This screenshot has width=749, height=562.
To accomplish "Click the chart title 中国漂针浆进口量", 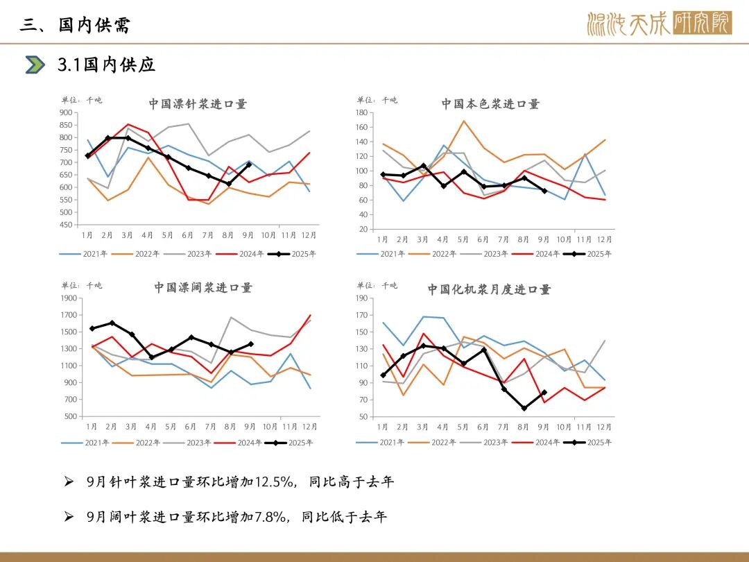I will click(x=198, y=104).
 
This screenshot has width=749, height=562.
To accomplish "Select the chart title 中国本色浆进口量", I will click(x=490, y=104).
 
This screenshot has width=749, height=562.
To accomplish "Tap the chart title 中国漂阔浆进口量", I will click(x=203, y=287).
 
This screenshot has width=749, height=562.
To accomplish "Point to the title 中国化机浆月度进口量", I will click(x=489, y=289).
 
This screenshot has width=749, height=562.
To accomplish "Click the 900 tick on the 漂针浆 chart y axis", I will click(x=66, y=112).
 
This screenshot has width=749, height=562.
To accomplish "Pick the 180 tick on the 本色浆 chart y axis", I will click(x=361, y=112).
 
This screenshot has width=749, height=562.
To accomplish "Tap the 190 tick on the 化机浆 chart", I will click(x=361, y=298).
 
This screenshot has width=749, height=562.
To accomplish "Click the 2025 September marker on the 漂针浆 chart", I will click(x=250, y=164).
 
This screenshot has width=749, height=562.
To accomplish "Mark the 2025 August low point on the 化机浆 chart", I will click(x=524, y=408).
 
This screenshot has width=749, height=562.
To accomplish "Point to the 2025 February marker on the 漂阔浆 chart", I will click(x=112, y=323).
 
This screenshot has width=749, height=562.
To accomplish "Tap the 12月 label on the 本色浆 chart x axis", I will click(x=605, y=239).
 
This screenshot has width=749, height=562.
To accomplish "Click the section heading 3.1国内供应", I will click(x=106, y=65).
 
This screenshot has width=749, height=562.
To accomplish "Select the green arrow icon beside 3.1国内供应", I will click(x=35, y=65).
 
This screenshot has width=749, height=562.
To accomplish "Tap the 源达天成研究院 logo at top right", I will click(x=658, y=24).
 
